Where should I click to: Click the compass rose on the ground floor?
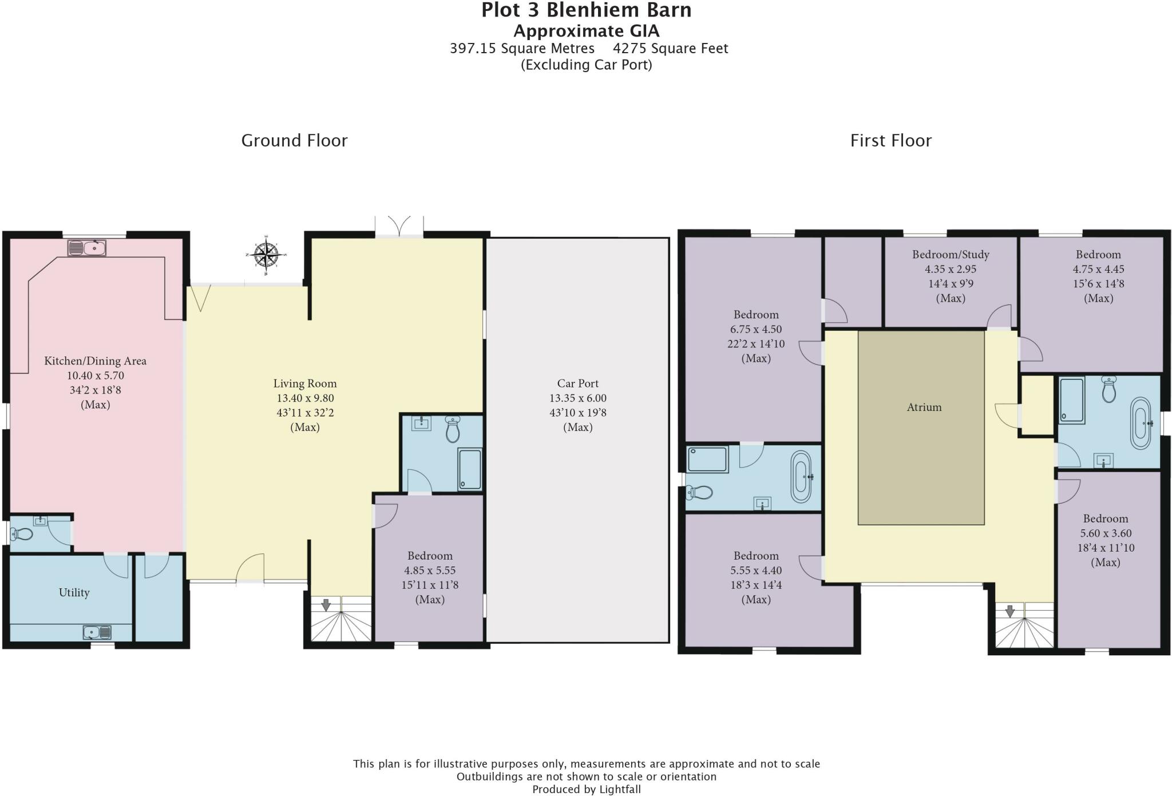(266, 252)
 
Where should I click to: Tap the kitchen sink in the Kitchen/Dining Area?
(87, 248)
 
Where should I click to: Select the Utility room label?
(74, 592)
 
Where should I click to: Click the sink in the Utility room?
(97, 632)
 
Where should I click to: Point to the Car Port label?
(578, 383)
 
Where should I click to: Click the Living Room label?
(305, 383)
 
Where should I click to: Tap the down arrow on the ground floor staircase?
(326, 605)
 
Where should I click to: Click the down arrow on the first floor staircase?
(1010, 611)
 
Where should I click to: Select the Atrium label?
(924, 407)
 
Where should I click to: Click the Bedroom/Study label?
(951, 255)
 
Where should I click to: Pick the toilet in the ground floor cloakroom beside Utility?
(23, 534)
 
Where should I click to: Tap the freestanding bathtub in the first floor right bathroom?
(1141, 423)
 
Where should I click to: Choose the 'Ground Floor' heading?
(294, 141)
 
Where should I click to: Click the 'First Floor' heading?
(891, 141)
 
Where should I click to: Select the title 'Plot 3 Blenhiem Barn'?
(587, 10)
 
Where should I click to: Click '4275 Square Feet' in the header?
(671, 49)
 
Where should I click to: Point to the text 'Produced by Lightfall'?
(587, 790)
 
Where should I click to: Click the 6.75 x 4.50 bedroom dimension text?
(756, 330)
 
